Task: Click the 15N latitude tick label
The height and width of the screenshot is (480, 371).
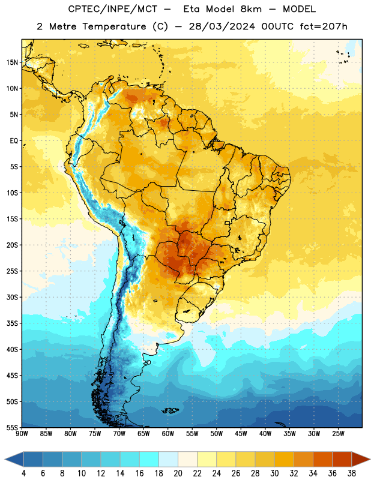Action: point(12,62)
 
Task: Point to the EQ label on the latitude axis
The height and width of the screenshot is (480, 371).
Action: point(14,141)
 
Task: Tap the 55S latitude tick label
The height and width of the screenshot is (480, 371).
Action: point(12,428)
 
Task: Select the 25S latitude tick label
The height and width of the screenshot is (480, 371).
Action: point(12,271)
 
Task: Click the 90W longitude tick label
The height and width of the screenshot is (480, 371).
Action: point(22,434)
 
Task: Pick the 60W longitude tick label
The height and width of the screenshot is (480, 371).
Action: point(168,434)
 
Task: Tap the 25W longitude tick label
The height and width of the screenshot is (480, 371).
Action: point(338,434)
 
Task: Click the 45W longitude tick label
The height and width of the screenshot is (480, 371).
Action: point(241,434)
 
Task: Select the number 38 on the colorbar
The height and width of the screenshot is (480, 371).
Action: point(351,473)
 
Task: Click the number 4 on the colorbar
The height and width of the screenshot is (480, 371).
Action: point(23,473)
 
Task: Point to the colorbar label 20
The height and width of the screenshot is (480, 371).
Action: point(178,473)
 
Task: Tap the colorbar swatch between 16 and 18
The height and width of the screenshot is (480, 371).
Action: point(149,459)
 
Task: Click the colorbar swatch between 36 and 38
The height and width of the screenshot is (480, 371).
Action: point(342,459)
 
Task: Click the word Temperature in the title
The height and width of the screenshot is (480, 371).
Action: point(114,26)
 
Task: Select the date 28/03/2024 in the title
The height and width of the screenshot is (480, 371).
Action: point(222,26)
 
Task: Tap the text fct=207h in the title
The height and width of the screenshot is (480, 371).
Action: point(324,26)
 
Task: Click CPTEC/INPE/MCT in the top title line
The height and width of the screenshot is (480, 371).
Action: point(112,9)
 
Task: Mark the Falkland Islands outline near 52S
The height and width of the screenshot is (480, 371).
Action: point(170,410)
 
